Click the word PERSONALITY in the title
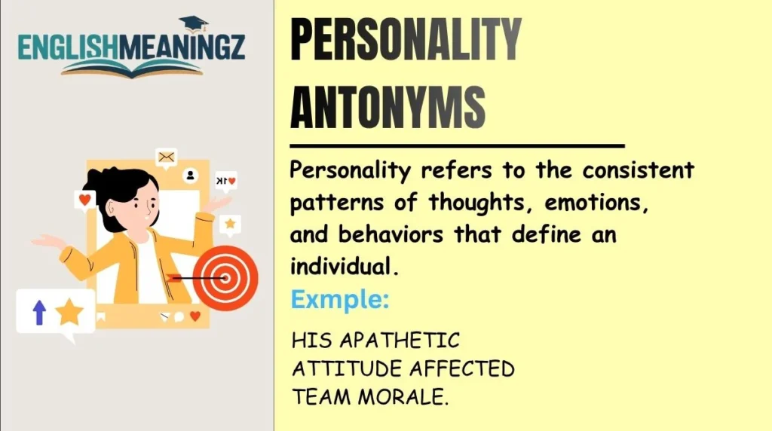click(x=406, y=41)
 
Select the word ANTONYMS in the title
click(x=388, y=107)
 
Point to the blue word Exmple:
click(x=340, y=300)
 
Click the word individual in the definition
click(x=341, y=265)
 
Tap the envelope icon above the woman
click(x=166, y=157)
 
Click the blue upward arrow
click(x=39, y=311)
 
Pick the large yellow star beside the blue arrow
click(x=69, y=311)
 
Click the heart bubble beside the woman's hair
click(x=84, y=200)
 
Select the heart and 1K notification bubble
click(x=225, y=181)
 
